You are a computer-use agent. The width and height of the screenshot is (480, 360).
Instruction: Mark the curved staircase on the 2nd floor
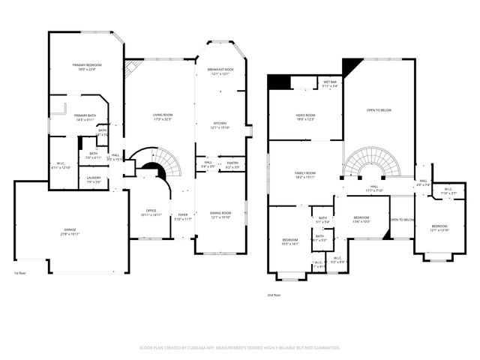coord(372,162)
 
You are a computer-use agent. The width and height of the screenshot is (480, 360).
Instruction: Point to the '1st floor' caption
coord(22,273)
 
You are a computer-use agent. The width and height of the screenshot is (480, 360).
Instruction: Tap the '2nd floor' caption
coord(274,295)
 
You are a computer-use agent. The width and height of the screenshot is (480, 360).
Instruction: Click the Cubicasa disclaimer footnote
coord(240,347)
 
